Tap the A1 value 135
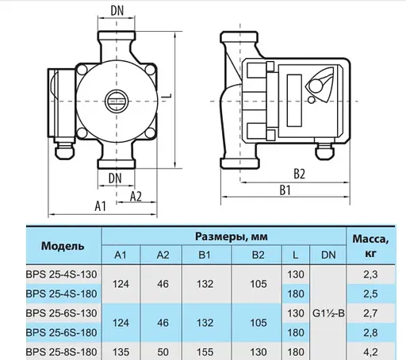tap(121, 350)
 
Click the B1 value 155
tap(204, 350)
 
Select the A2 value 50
tap(163, 350)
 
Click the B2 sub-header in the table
tap(256, 255)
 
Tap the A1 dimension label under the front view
tap(101, 205)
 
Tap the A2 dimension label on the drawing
tap(136, 195)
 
